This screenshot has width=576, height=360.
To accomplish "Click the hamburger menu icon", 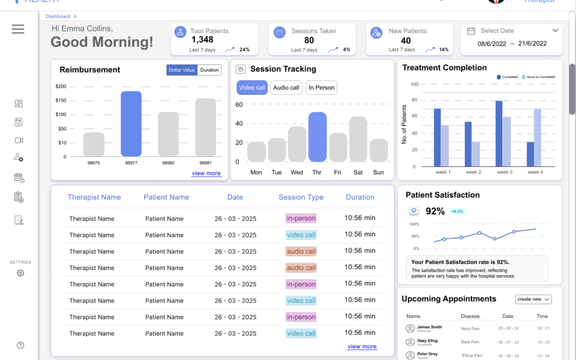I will [x=18, y=29].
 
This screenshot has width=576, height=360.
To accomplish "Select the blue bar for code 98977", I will [x=131, y=124].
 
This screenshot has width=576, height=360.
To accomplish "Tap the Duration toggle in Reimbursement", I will [x=209, y=70].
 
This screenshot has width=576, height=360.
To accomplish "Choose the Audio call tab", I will [x=286, y=87].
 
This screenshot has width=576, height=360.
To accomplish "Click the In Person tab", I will [x=321, y=87].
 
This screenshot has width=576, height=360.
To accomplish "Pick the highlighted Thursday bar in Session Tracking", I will [x=317, y=137].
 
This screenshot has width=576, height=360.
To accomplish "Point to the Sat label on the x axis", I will [x=358, y=172].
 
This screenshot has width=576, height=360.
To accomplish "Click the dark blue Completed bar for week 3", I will [x=499, y=134].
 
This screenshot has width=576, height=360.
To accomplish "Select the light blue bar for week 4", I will [x=538, y=138].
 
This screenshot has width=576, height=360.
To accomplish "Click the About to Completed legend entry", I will [x=538, y=77].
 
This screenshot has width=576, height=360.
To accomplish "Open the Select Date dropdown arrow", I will [x=555, y=31].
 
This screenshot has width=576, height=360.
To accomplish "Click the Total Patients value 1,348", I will [x=202, y=40].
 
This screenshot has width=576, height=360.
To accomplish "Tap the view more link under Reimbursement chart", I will [x=206, y=173].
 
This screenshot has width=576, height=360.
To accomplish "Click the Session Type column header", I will [x=301, y=197].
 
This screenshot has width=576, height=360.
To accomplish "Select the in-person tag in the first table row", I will [x=301, y=218].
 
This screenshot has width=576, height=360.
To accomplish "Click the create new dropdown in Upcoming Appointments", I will [x=533, y=299].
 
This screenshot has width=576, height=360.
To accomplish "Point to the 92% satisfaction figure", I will [x=435, y=211].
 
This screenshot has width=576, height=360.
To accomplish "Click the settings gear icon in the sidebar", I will [x=20, y=273].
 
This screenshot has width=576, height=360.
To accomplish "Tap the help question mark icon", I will [x=20, y=345].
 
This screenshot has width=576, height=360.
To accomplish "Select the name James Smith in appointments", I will [x=429, y=327].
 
